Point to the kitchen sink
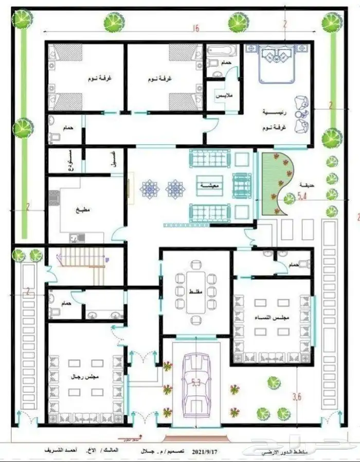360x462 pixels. click(x=77, y=237)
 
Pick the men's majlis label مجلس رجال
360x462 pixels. click(x=86, y=377)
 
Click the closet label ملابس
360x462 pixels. click(x=223, y=96)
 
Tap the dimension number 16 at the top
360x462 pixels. click(x=195, y=29)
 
